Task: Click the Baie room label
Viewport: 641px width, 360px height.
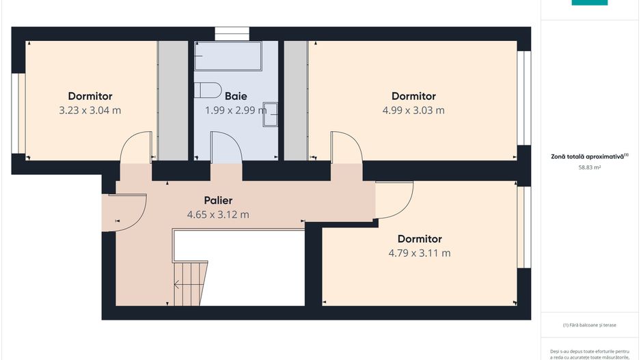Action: tap(236, 96)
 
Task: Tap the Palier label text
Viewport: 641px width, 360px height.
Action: tap(218, 201)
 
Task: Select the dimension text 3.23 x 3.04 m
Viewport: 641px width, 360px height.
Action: tap(90, 110)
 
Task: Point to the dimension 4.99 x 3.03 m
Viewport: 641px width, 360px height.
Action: tap(413, 110)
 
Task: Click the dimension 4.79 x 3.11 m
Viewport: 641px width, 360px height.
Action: tap(420, 253)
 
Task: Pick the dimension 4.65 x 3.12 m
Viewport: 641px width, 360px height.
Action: tap(218, 214)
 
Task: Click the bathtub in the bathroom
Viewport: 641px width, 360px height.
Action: tap(228, 56)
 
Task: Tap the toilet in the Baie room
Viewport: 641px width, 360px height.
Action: tap(206, 91)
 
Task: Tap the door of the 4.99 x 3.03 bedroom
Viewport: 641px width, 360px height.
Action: tap(346, 148)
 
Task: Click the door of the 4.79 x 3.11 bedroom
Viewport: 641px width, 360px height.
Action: tap(394, 199)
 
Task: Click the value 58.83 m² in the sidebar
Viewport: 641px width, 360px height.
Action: tap(589, 167)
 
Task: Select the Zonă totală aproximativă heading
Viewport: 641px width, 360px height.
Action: tap(589, 156)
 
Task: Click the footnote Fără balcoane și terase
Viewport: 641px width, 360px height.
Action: tap(589, 325)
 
